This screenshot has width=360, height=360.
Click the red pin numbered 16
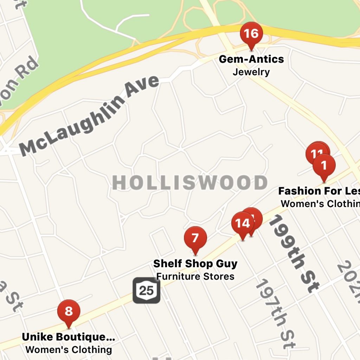tap(251, 34)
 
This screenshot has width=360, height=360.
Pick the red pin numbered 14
tap(242, 224)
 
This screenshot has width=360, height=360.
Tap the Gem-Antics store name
tap(251, 59)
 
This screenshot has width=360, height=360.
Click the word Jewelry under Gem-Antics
tap(251, 72)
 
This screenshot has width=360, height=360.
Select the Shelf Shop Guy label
tap(195, 263)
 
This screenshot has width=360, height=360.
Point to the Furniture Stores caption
tap(195, 276)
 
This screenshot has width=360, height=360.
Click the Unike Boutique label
tap(68, 337)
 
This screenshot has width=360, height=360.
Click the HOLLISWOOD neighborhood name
tap(189, 183)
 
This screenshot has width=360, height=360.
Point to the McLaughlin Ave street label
tap(90, 116)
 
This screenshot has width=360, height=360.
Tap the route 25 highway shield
tap(146, 290)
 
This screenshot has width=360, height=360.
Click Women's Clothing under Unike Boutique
tap(69, 350)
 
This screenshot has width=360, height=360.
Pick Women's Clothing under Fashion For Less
tap(320, 204)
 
